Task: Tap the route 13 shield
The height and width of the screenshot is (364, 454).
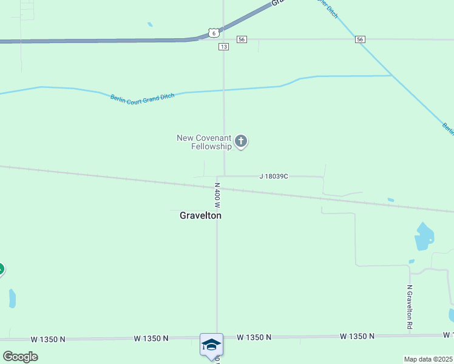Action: click(x=224, y=47)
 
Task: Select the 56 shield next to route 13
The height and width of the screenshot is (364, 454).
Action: click(x=242, y=39)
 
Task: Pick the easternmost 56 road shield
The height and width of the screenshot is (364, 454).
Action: click(x=361, y=39)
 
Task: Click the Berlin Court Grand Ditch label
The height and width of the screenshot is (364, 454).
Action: click(x=138, y=98)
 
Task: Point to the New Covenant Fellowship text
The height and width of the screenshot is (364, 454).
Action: click(x=204, y=142)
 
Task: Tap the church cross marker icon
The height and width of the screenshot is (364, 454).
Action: click(x=241, y=142)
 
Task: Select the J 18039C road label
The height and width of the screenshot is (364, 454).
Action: click(x=273, y=177)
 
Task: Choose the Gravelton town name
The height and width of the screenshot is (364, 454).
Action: click(x=200, y=215)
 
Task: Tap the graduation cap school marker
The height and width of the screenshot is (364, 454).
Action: click(x=211, y=345)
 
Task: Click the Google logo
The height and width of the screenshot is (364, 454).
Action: click(x=20, y=356)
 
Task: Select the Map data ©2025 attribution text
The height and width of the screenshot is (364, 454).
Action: click(x=429, y=359)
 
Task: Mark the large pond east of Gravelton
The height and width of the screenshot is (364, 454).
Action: click(x=424, y=237)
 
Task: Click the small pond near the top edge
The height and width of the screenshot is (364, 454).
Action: click(x=150, y=25)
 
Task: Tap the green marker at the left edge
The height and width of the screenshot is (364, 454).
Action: click(x=1, y=269)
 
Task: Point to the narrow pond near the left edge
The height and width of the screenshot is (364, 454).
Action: click(x=12, y=298)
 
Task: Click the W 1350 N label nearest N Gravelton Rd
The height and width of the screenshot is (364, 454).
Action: click(x=357, y=336)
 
